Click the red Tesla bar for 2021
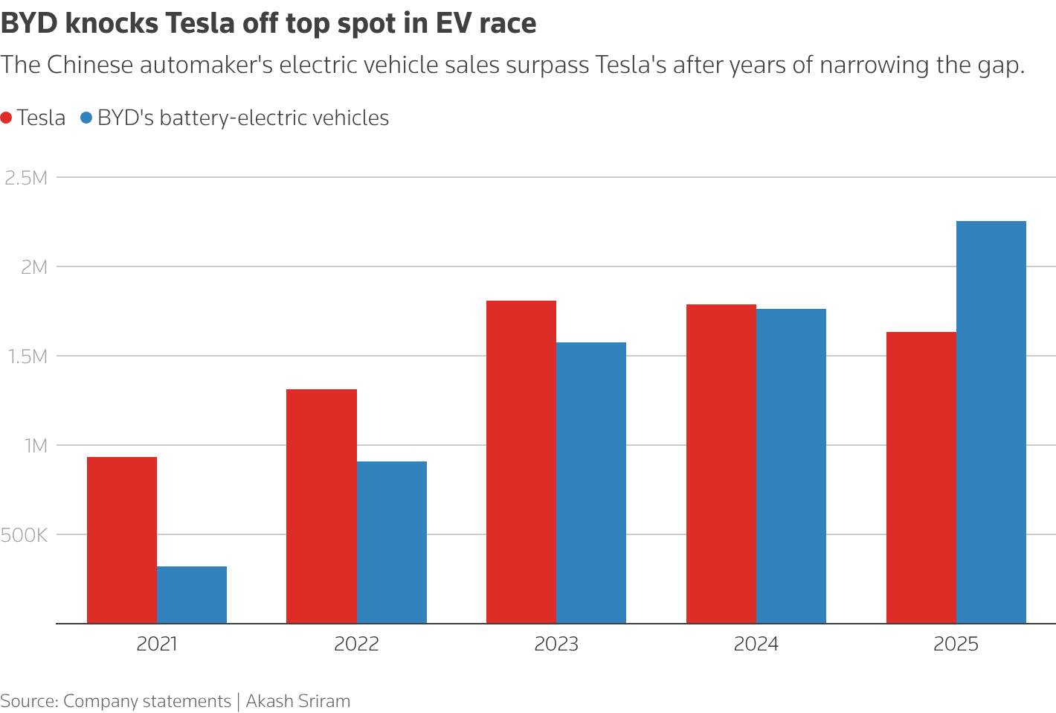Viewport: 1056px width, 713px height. tap(122, 540)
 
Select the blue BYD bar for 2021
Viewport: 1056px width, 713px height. tap(192, 595)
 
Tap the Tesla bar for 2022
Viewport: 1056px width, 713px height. tap(321, 506)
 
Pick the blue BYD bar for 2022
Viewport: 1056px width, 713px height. tap(392, 543)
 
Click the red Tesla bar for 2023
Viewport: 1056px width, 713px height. tap(521, 462)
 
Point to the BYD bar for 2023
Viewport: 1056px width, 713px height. tap(591, 483)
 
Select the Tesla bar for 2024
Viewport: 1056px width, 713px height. tap(721, 464)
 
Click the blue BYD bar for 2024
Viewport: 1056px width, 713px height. tap(791, 466)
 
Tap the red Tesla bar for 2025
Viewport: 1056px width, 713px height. tap(921, 478)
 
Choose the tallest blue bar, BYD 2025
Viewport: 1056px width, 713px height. tap(991, 422)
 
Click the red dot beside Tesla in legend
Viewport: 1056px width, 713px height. tap(7, 118)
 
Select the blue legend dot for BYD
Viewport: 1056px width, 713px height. tap(86, 118)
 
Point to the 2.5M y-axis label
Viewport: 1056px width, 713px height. tap(26, 178)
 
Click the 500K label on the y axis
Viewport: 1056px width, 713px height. tap(25, 535)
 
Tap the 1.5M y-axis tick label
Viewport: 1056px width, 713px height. tap(26, 356)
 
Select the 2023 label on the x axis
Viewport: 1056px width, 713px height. tap(556, 644)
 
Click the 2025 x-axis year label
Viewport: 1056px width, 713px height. tap(956, 644)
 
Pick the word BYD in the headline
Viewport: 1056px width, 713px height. tap(29, 24)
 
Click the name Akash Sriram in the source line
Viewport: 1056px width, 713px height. tap(297, 701)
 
